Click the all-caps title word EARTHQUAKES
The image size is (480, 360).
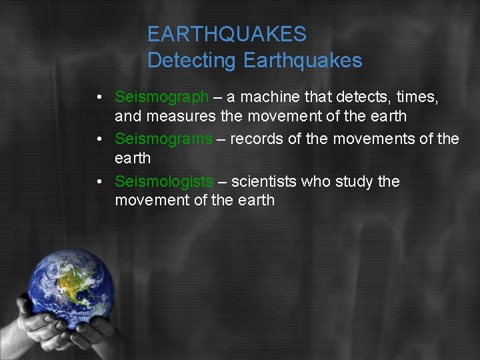click(227, 33)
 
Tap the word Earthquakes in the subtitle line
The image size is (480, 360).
click(303, 61)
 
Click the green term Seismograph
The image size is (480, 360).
click(161, 97)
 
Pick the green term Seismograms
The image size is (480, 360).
click(163, 139)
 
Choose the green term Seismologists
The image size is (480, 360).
click(164, 181)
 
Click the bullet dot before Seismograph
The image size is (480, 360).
click(98, 98)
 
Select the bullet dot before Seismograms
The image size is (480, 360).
click(98, 140)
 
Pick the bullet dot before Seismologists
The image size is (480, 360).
click(98, 182)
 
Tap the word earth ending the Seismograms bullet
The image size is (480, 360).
click(133, 158)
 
